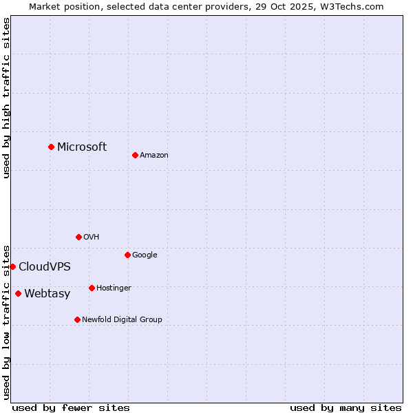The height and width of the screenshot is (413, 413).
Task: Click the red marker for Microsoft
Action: (x=51, y=147)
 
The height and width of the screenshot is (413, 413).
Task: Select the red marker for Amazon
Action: (x=135, y=155)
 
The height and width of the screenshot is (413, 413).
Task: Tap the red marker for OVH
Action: (x=78, y=237)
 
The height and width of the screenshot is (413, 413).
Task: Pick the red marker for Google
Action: (x=127, y=255)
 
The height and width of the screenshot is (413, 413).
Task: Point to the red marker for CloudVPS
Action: (x=12, y=266)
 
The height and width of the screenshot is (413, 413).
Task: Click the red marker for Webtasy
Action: (x=18, y=293)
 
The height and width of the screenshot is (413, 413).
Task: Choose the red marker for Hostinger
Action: (x=92, y=288)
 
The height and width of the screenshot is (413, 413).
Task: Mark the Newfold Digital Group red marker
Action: (x=77, y=319)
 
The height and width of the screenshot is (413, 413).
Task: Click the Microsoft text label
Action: (x=82, y=147)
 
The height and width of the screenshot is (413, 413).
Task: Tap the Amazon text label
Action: (x=154, y=155)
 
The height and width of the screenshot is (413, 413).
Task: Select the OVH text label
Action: (x=92, y=237)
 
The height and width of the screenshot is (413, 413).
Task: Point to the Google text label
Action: (x=145, y=255)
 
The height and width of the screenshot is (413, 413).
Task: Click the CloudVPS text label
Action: (x=45, y=266)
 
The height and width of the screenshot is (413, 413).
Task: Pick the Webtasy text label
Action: (x=47, y=293)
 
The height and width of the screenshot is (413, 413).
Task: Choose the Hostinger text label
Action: (x=114, y=288)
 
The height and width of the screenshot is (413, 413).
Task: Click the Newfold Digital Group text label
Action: (x=122, y=319)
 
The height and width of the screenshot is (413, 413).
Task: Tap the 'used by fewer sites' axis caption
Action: (x=71, y=407)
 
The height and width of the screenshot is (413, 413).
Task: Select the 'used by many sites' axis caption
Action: (x=346, y=407)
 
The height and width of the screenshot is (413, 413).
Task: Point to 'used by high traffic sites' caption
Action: (x=7, y=98)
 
